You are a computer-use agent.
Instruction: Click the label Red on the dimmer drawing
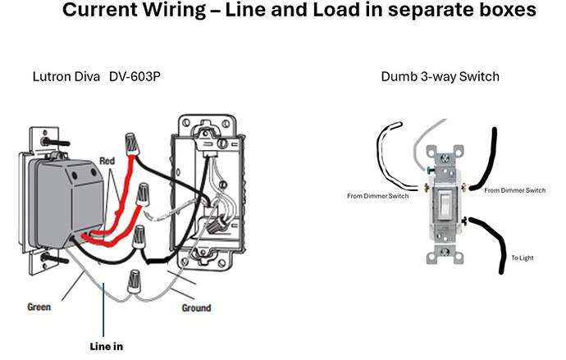coord(107,161)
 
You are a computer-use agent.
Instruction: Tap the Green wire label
coord(39,307)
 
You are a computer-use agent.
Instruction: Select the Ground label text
coord(196,308)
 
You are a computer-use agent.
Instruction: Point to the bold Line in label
coord(107,347)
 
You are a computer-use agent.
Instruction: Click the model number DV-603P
coord(135,76)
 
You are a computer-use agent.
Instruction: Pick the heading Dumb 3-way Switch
coord(440,77)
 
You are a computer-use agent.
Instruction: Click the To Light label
coord(523,258)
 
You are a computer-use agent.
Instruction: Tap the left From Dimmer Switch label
coord(378,196)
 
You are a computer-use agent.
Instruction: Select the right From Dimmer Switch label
coord(515,190)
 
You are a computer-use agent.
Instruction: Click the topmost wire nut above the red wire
coord(132,144)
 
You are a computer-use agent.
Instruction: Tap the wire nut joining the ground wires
coord(134,281)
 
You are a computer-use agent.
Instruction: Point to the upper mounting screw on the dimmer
coord(55,142)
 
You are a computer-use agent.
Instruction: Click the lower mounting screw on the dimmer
coord(54,258)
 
